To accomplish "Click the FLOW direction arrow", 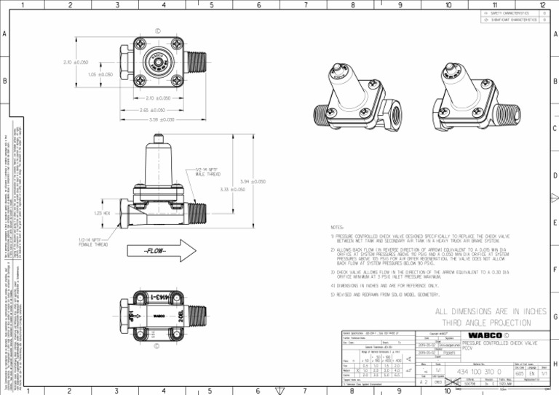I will (x=164, y=252).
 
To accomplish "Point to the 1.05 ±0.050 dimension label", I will (x=100, y=74).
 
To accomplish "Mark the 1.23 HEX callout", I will (x=103, y=213).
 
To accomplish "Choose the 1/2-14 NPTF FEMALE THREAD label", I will (x=94, y=241).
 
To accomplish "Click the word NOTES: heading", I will (x=338, y=227).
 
